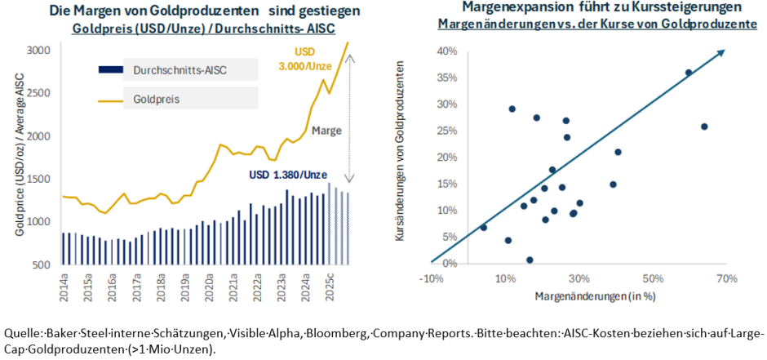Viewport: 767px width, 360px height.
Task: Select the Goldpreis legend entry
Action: click(x=155, y=99)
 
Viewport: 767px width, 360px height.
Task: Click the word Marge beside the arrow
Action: click(x=327, y=131)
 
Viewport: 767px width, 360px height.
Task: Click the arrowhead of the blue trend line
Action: click(x=721, y=54)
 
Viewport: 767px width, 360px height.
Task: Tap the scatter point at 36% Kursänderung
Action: click(x=689, y=73)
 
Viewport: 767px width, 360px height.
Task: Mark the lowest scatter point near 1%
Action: click(x=530, y=260)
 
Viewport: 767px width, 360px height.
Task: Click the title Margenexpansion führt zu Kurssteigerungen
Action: click(x=590, y=7)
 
